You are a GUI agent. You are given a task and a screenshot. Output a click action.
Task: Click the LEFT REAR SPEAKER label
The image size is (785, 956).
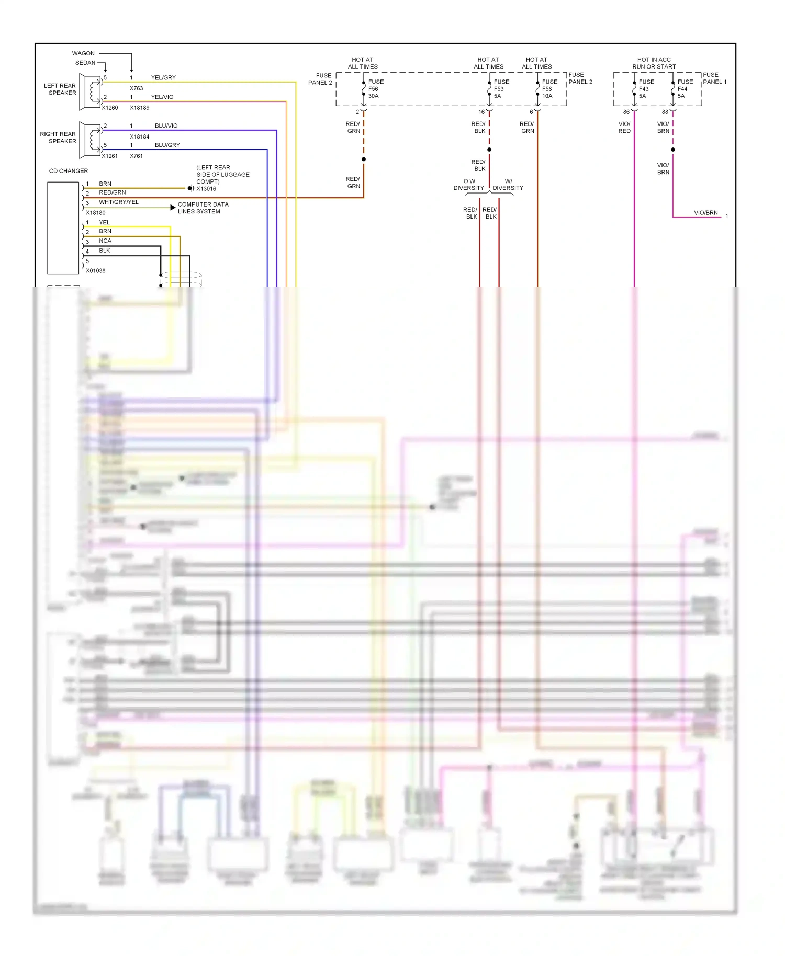point(60,89)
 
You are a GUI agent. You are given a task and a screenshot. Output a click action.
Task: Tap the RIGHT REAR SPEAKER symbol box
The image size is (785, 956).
point(91,140)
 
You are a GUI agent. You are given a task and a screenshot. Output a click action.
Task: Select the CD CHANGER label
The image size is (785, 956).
point(69,171)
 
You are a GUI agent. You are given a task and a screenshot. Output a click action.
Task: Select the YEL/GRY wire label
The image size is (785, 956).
point(163,78)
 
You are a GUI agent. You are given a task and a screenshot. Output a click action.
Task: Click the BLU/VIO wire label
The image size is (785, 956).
point(166,126)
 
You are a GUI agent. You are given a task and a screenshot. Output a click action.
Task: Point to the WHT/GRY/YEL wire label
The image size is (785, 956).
point(119,202)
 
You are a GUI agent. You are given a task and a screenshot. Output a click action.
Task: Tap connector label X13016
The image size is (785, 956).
point(206,189)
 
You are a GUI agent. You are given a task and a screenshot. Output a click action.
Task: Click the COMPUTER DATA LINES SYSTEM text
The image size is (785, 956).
point(203,208)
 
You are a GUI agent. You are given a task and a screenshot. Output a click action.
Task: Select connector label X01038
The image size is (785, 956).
point(96,271)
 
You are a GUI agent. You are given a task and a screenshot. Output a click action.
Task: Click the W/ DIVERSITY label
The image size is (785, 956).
point(508,185)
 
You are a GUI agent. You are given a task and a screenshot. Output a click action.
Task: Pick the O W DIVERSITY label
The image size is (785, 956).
point(469,185)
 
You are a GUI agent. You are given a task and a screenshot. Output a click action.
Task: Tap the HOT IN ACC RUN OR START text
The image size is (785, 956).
point(654,63)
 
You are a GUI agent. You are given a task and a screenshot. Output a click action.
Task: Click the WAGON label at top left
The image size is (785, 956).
point(83,53)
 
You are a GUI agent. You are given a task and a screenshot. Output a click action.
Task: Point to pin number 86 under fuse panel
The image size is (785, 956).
point(626,112)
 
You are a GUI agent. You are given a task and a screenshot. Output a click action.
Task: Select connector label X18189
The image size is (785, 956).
point(140,108)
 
